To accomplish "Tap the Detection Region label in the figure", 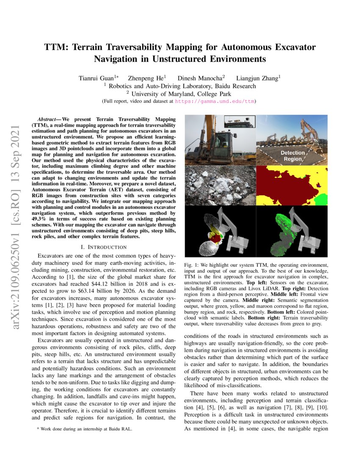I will click(292, 155).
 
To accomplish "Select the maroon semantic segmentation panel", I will click(292, 185).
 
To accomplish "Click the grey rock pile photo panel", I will click(221, 185).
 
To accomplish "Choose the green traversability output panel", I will click(292, 231).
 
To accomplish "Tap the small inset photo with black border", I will click(239, 122).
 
